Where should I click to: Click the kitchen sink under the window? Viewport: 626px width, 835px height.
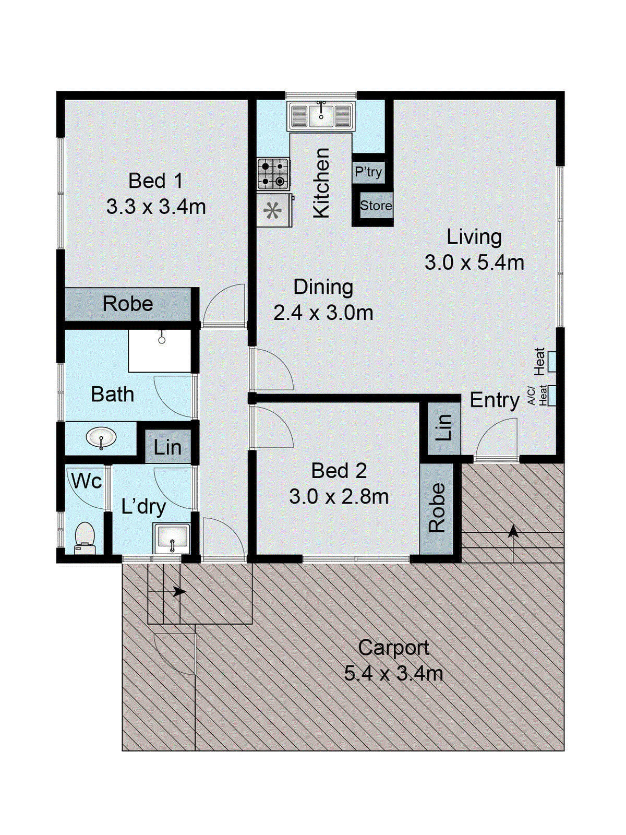click(321, 116)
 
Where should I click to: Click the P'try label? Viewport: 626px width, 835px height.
click(368, 172)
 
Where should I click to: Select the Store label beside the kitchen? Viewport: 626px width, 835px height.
click(376, 206)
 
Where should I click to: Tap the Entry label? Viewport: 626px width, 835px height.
click(495, 401)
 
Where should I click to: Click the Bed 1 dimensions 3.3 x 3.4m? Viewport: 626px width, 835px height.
click(156, 208)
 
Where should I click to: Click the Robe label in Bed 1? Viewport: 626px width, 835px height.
click(128, 304)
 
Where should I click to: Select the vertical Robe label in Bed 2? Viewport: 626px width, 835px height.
click(437, 507)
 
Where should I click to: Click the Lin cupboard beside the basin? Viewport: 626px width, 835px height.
click(167, 447)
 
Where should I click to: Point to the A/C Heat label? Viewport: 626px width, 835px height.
click(537, 395)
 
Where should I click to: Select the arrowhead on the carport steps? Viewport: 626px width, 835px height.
click(179, 591)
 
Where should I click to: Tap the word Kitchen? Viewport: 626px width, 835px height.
click(321, 183)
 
